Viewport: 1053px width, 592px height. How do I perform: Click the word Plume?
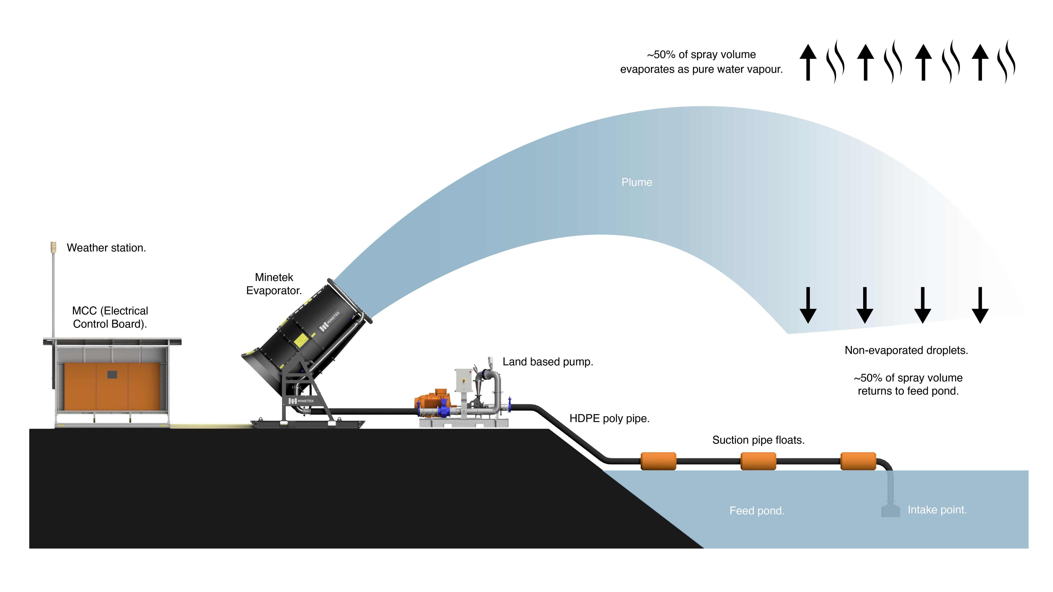[x=636, y=182]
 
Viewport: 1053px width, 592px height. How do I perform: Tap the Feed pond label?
[x=757, y=511]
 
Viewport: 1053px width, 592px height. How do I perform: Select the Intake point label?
[x=937, y=510]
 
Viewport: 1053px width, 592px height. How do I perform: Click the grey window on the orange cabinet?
[x=112, y=375]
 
